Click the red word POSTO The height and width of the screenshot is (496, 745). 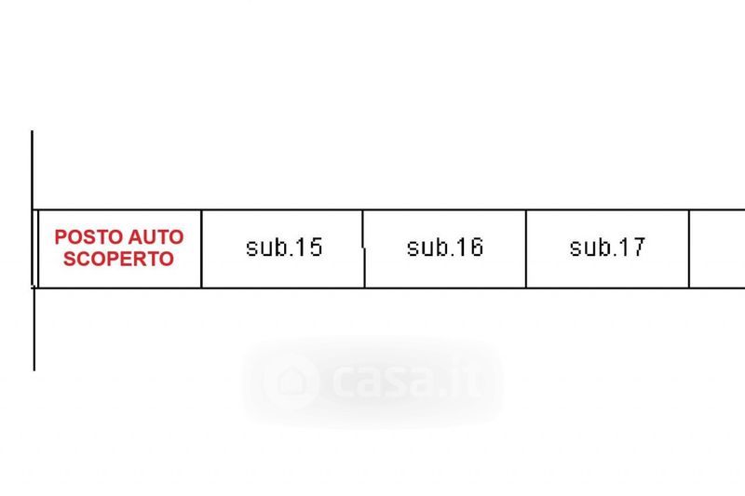[x=89, y=237]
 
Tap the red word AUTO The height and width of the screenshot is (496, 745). [x=156, y=237]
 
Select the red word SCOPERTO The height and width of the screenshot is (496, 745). [x=119, y=259]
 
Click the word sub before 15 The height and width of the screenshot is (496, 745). [x=264, y=248]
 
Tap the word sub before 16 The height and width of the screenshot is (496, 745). [x=426, y=248]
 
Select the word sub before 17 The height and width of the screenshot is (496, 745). [x=589, y=248]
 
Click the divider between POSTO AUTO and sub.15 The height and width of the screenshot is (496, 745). [x=201, y=248]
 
